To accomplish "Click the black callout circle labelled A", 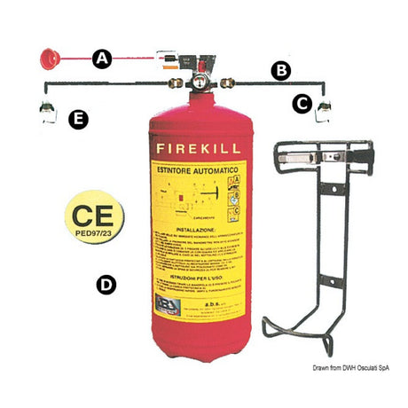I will [102, 59].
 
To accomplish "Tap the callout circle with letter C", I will [302, 104].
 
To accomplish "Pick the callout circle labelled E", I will [80, 119].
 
